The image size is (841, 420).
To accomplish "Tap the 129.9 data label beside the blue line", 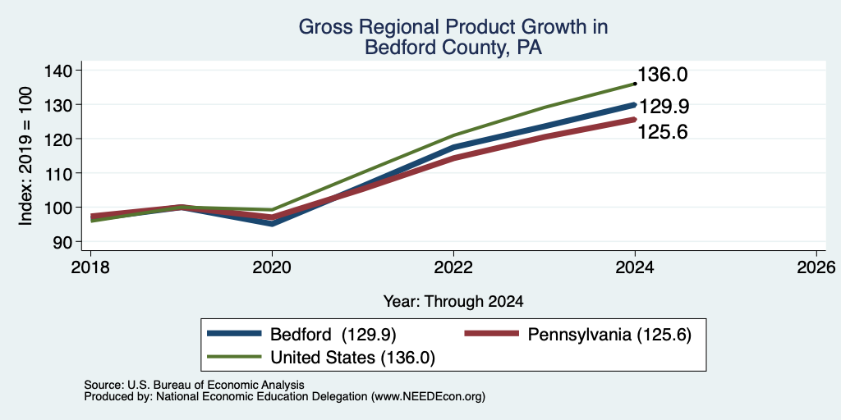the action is [663, 107].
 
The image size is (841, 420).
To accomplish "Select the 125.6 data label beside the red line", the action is [663, 132].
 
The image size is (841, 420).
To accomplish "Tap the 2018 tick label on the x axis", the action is [90, 267].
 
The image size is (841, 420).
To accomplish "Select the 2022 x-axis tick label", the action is [453, 267].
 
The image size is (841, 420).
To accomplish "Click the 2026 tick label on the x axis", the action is [816, 267].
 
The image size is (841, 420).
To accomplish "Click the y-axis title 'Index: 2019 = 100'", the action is [25, 156].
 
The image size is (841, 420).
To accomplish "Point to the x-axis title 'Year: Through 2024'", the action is [453, 302].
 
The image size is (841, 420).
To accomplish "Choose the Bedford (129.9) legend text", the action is [333, 335].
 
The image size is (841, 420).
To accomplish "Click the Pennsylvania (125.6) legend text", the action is [609, 335].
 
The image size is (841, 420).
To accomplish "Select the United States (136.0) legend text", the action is [352, 358].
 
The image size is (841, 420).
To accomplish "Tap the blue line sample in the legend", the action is [234, 335].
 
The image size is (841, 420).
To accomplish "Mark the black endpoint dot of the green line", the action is [635, 84].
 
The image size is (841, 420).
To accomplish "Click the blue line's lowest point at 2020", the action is [273, 223].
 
